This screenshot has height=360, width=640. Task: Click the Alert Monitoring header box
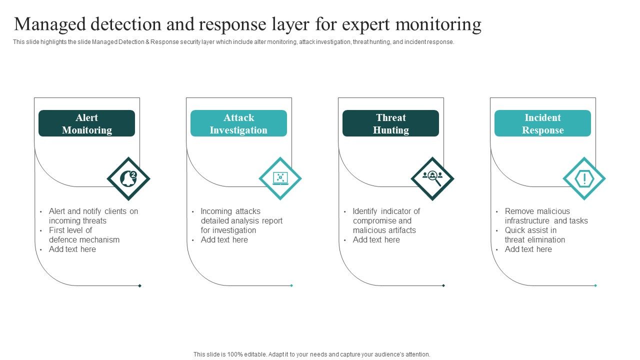[x=86, y=123]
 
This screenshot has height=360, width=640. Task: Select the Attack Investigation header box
[x=238, y=123]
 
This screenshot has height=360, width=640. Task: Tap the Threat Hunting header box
[x=390, y=123]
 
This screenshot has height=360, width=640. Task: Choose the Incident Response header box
[x=542, y=123]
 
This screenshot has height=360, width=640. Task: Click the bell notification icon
[x=128, y=178]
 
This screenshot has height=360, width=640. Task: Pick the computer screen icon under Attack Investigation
[x=280, y=178]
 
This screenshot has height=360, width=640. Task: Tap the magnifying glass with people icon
[x=432, y=178]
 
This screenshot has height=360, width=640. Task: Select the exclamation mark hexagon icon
[x=584, y=178]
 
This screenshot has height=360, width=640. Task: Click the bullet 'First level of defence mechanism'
[x=84, y=235]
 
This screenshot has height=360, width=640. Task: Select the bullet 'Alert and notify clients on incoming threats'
[x=93, y=216]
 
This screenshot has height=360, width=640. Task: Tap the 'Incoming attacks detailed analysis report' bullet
[x=241, y=220]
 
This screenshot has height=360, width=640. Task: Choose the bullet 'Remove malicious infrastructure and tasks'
[x=545, y=216]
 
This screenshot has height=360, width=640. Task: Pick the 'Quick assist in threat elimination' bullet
[x=534, y=235]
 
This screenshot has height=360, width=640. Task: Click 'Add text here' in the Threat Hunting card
[x=376, y=240]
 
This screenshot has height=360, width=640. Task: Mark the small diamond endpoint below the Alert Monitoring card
[x=139, y=285]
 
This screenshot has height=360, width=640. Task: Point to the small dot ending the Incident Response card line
[x=595, y=285]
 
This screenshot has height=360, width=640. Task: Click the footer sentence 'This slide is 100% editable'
[x=311, y=354]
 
